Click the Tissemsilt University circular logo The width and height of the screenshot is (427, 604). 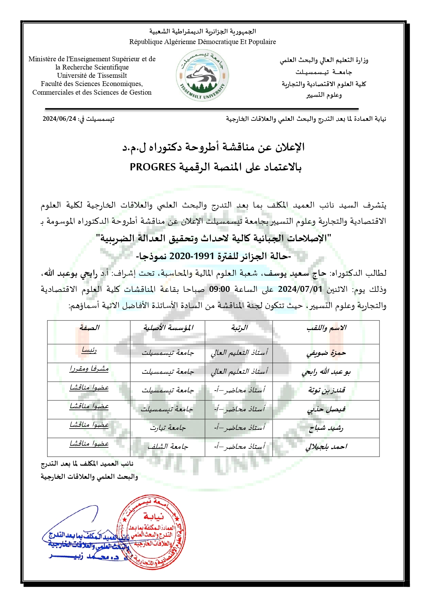coord(202,76)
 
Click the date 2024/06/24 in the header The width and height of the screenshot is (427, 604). coord(59,119)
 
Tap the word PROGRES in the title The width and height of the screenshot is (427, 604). coord(153,167)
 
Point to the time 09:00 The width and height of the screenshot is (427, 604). coord(220,289)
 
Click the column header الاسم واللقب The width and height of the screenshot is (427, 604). coord(326,328)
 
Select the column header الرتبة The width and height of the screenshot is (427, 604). coord(239,328)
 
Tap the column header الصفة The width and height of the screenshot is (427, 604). coord(89,328)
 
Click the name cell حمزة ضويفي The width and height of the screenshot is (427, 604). coord(326,353)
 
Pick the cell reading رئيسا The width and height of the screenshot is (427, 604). coord(89,350)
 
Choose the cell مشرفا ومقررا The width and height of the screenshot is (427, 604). coord(89,369)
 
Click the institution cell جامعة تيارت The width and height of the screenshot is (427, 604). coord(168,428)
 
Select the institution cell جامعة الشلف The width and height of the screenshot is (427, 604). coord(168,447)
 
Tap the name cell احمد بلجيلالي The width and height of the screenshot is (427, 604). coord(326,447)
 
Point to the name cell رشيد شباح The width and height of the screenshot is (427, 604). coord(326,428)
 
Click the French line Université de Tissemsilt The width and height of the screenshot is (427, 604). coord(92,75)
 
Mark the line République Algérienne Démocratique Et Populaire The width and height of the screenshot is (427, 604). coord(202,42)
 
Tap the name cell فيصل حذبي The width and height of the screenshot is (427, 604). coord(326,409)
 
